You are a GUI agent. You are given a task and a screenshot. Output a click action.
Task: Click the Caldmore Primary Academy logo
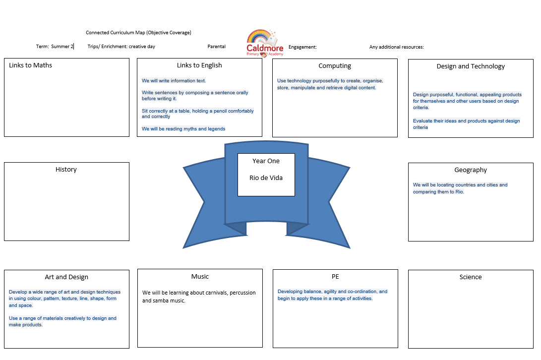click(x=265, y=43)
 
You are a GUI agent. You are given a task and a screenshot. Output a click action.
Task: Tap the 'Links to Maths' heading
click(x=30, y=65)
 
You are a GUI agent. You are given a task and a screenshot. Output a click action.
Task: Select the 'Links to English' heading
click(x=199, y=65)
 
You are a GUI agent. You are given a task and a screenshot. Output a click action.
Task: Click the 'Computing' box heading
click(x=335, y=66)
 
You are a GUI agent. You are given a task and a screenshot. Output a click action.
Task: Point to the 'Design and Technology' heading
click(x=471, y=66)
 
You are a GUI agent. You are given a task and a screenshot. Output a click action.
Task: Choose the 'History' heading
click(x=66, y=170)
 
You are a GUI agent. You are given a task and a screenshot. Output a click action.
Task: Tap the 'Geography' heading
click(x=471, y=170)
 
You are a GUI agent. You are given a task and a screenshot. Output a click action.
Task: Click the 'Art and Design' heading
click(x=66, y=277)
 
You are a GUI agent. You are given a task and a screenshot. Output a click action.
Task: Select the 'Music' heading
click(x=200, y=277)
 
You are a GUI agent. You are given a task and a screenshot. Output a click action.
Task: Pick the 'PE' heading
click(x=335, y=277)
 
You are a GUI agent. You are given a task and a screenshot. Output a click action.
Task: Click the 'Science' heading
click(x=471, y=277)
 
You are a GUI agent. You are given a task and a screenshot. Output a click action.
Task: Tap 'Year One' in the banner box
click(x=266, y=161)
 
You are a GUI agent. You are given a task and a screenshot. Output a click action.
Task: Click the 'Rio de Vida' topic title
click(x=266, y=178)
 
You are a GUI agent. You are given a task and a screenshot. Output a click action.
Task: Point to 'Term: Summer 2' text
click(x=55, y=46)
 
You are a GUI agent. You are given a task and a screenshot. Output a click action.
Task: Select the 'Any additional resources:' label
click(x=396, y=47)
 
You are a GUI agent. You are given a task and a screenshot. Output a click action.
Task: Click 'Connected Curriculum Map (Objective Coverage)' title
click(x=138, y=32)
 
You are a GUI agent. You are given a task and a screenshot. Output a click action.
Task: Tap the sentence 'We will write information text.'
click(x=174, y=81)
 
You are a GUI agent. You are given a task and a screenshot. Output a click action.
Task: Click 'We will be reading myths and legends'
click(x=183, y=129)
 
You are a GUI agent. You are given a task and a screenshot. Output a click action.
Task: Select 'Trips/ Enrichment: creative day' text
click(x=121, y=47)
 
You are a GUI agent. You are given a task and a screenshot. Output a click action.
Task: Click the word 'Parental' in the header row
click(x=217, y=47)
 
